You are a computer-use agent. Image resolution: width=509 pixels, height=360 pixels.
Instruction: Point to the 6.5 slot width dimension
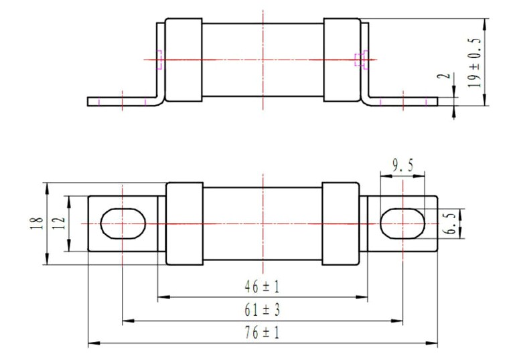click(x=451, y=224)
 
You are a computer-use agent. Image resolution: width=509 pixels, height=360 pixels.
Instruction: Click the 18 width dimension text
click(x=38, y=222)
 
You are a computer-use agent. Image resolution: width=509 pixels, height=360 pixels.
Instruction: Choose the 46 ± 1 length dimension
click(x=263, y=287)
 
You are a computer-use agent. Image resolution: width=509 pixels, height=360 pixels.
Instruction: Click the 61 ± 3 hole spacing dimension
click(x=263, y=311)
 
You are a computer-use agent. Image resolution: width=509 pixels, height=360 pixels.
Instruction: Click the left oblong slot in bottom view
click(x=123, y=223)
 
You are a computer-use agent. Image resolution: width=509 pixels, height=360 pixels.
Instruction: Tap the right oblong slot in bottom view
click(x=403, y=223)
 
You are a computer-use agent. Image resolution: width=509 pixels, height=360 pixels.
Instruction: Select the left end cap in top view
click(x=184, y=61)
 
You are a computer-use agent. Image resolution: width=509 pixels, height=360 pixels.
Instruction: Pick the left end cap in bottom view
click(x=184, y=223)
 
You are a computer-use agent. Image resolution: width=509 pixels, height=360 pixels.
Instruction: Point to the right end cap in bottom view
click(x=341, y=223)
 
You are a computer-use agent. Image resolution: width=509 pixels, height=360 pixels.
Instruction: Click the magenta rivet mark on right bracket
click(x=360, y=60)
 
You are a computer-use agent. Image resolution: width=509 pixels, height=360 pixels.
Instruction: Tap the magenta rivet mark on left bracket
click(x=159, y=60)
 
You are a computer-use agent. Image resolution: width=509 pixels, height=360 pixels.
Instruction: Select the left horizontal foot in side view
click(x=121, y=101)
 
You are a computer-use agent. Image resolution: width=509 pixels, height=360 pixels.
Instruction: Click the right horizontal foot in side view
click(x=405, y=101)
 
